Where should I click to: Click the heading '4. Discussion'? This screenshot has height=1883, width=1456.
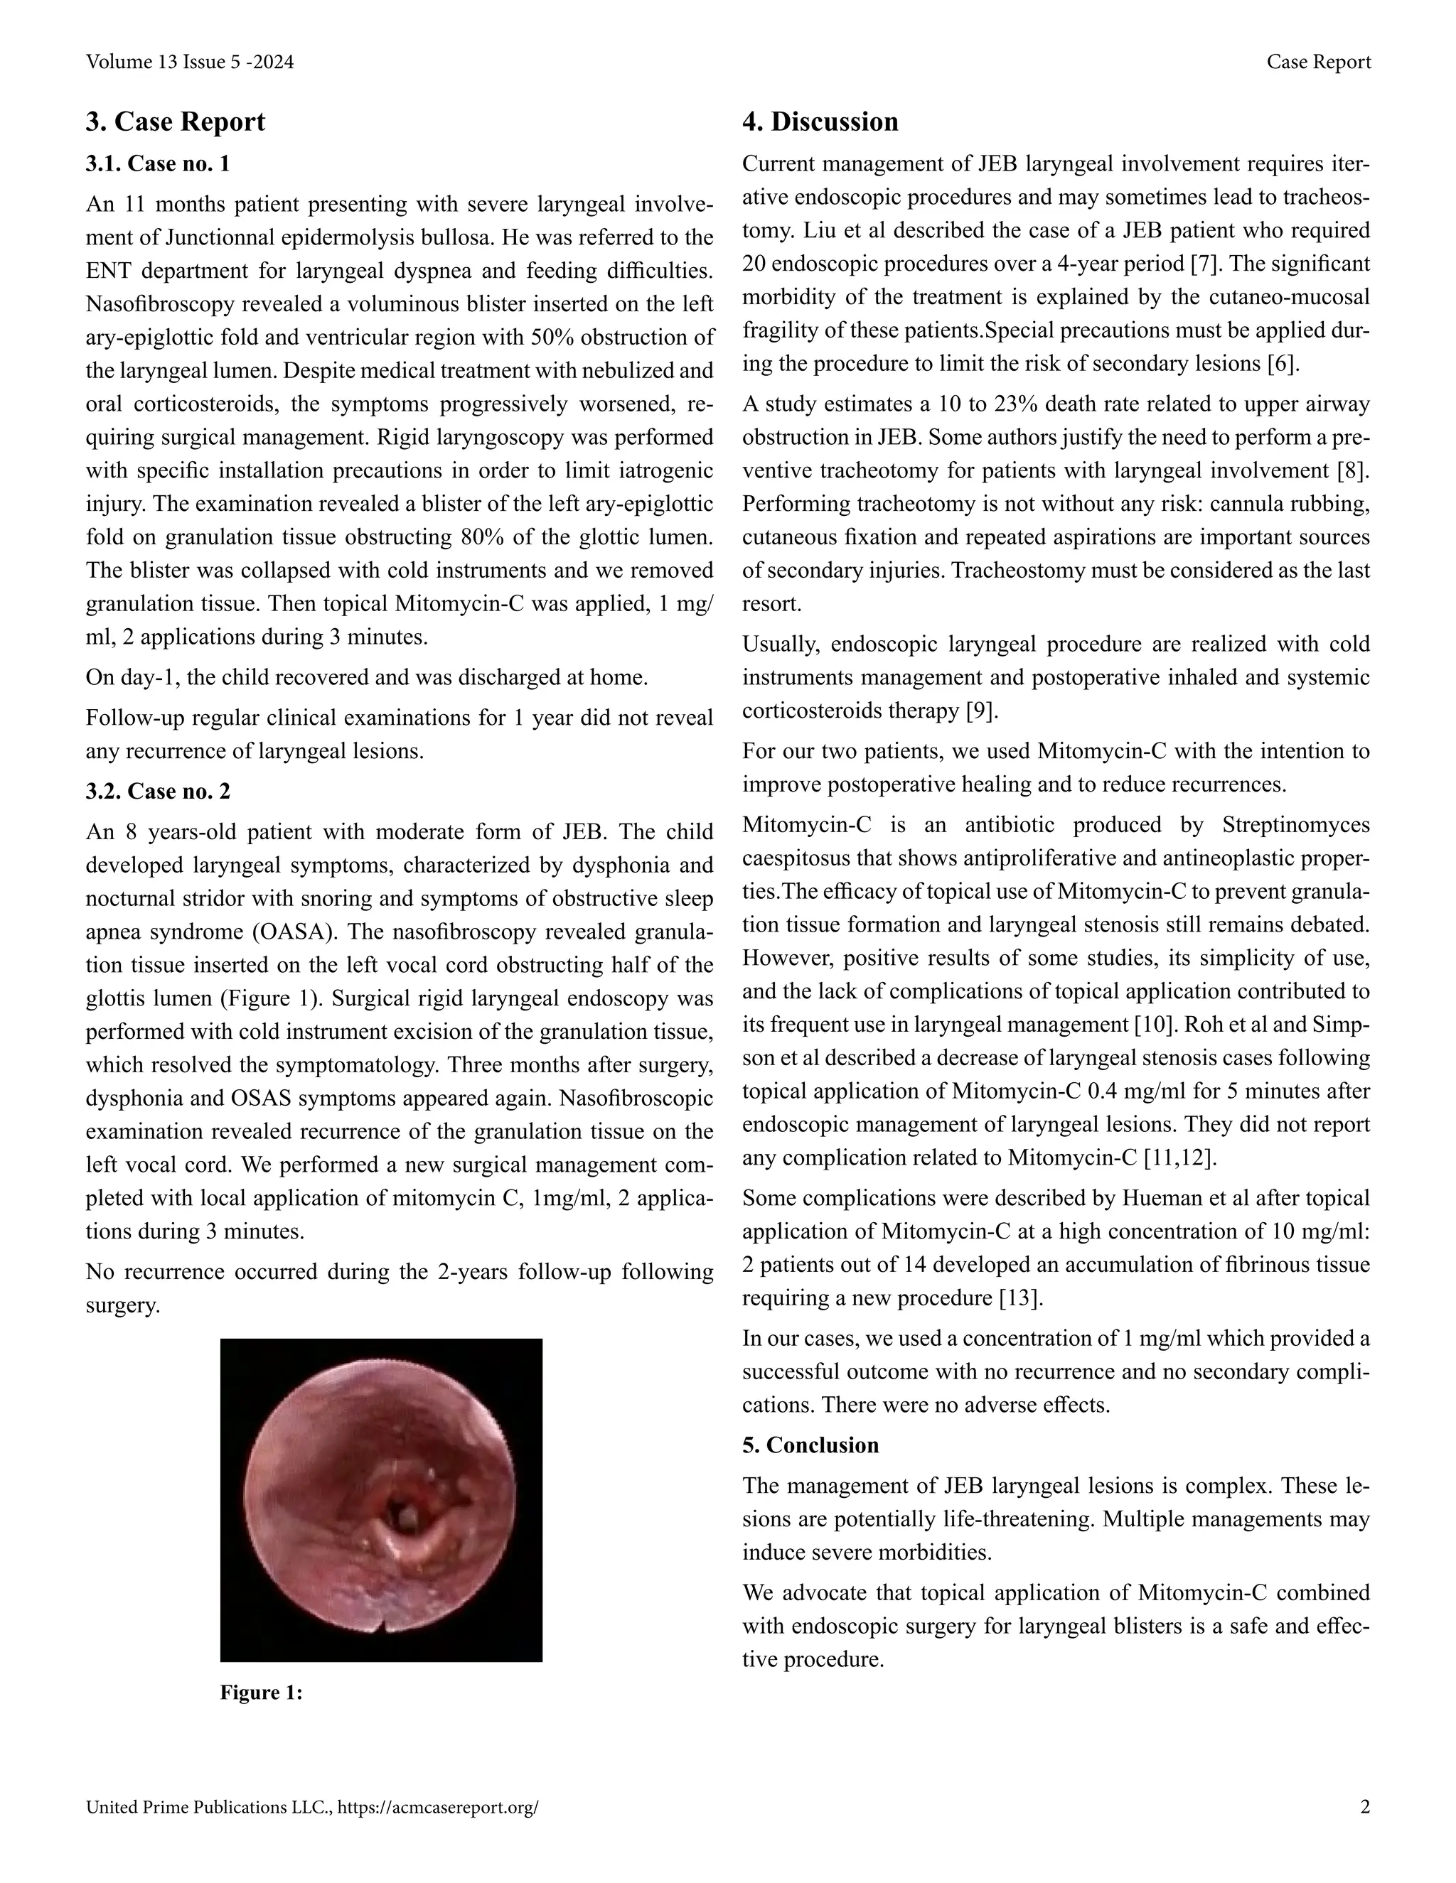[x=820, y=122]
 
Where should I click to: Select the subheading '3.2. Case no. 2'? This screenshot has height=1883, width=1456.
[x=157, y=791]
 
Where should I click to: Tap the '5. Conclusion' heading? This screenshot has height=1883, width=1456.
[x=810, y=1445]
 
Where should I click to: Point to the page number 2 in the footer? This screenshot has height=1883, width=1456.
[x=1364, y=1807]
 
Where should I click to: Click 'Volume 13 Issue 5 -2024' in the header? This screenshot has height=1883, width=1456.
[x=190, y=62]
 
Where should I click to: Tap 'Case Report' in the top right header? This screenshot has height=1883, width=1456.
[x=1318, y=62]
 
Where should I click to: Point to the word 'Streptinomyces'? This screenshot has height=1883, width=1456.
[x=1295, y=825]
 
